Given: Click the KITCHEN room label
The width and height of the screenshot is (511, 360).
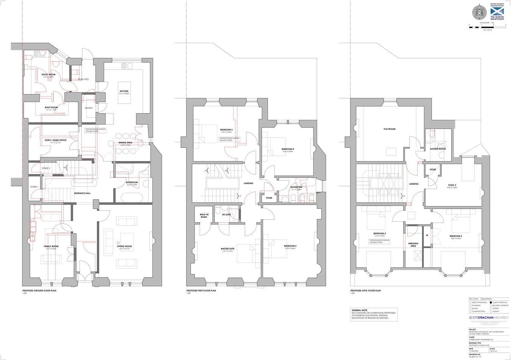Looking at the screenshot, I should click(124, 92).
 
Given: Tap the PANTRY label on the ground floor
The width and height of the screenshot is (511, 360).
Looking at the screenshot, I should click(89, 108).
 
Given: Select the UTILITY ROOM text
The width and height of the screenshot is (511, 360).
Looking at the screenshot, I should click(48, 74).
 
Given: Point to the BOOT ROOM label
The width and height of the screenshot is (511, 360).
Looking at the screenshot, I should click(51, 107).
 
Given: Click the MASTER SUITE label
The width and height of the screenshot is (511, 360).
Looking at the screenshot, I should click(227, 248).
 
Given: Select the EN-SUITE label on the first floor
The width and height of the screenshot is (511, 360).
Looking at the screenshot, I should click(226, 214).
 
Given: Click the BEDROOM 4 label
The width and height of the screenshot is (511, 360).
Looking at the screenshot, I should click(288, 149).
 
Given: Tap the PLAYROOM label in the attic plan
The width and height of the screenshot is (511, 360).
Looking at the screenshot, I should click(389, 129).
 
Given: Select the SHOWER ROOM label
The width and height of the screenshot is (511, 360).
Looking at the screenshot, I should click(438, 149).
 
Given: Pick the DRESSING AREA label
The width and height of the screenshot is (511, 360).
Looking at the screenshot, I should click(413, 244).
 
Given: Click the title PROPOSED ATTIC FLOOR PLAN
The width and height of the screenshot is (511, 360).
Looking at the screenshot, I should click(365, 290).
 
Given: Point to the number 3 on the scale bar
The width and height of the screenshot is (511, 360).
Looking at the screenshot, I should click(506, 25).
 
